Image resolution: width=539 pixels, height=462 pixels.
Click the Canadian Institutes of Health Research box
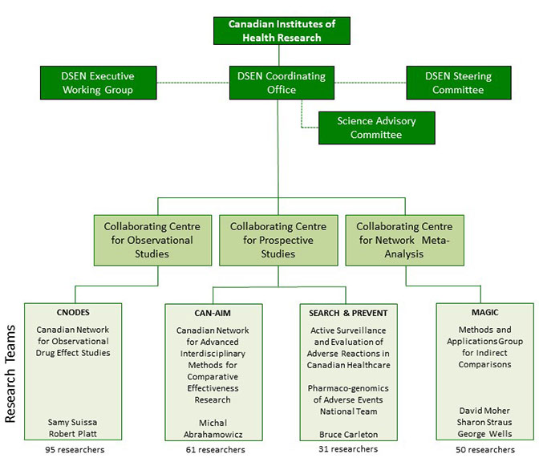point(282,30)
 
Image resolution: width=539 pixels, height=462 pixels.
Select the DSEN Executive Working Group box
point(99,83)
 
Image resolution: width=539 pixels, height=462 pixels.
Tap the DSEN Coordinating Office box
point(282,83)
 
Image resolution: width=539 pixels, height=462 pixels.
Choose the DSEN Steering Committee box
point(459,83)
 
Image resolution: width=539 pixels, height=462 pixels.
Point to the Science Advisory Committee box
point(377,128)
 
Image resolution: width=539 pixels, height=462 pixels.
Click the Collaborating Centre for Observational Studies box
point(152,241)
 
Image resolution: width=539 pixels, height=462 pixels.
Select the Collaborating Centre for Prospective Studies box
point(278,241)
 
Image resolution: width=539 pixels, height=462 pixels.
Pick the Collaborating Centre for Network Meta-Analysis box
point(404,241)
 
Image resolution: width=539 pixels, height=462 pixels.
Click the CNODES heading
point(73,313)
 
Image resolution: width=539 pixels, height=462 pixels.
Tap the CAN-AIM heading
point(213,313)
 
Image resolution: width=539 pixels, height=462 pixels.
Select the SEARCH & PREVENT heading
point(348,313)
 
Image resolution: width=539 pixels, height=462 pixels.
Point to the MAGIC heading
point(485,313)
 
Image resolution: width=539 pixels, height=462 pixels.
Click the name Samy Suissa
point(72,422)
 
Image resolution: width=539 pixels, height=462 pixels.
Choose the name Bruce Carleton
point(349,435)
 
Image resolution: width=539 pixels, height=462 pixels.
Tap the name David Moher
point(484,411)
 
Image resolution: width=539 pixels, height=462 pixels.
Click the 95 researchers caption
point(75,450)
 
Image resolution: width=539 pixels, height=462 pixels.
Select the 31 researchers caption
point(348,449)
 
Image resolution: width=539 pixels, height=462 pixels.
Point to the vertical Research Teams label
point(10,374)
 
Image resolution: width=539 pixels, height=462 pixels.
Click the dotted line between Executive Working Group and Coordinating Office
point(193,83)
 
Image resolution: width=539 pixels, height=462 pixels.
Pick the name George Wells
point(484,434)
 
